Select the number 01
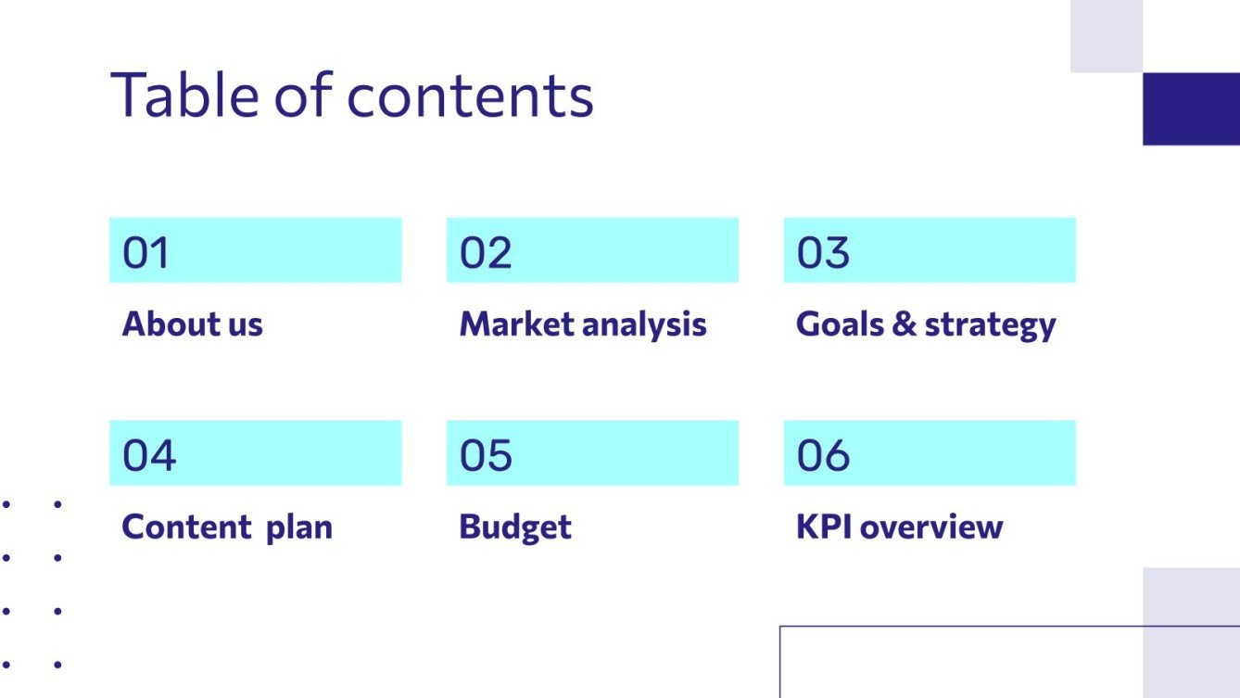146,253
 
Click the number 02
486,253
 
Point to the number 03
823,253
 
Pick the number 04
148,455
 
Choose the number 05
486,455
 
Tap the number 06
823,455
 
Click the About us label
193,324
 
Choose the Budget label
515,528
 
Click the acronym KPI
824,527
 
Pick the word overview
931,527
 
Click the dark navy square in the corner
1191,108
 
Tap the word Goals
837,324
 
